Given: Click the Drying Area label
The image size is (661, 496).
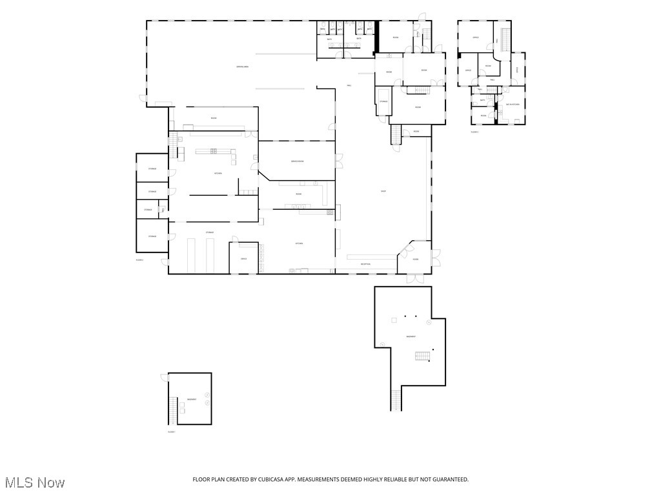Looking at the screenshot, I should (243, 67).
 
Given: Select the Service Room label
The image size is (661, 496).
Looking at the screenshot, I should (297, 161).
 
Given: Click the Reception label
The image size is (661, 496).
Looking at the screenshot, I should (365, 264).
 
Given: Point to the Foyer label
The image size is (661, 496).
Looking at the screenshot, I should (416, 260).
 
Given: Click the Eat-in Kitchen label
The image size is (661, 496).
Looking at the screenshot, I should (513, 104).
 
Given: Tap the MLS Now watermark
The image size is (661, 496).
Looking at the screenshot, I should (35, 482).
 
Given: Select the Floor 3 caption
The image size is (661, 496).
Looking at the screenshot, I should (474, 132).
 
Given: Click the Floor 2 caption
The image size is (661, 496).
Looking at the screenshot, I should (139, 260).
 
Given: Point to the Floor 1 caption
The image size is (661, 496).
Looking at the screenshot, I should (171, 431).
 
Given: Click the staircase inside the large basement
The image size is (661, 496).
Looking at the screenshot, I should (422, 356).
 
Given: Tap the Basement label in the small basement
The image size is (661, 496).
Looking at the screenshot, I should (192, 400).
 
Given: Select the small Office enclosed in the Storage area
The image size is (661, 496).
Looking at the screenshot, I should (244, 258).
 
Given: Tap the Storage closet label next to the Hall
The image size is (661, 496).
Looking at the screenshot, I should (383, 101).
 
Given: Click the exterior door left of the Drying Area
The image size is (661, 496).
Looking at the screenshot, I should (143, 98).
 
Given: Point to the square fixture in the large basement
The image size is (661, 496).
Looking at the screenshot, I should (393, 320).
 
